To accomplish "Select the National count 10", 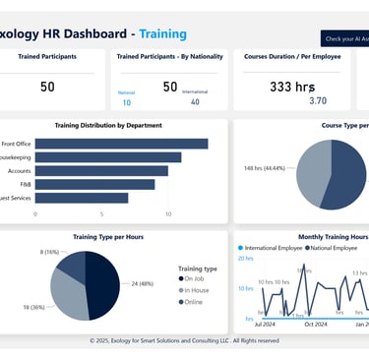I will coord(127,102).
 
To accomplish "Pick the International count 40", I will coord(194,101).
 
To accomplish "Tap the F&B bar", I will coord(92,184).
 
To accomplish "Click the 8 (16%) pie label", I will coord(51,252).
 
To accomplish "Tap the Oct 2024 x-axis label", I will coord(315,323).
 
